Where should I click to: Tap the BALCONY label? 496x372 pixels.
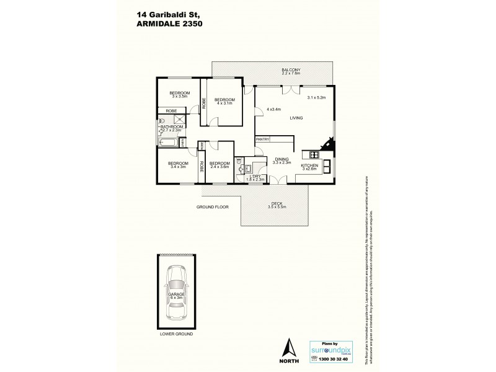click(x=291, y=70)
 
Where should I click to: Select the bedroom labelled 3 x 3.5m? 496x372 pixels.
click(x=180, y=94)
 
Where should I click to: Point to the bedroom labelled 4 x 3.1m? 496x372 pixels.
click(x=225, y=100)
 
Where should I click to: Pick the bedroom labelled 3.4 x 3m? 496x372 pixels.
click(x=177, y=164)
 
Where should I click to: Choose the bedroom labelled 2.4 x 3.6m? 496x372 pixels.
click(x=220, y=164)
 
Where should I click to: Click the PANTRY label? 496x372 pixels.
click(x=262, y=140)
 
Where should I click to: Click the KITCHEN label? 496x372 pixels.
click(x=310, y=166)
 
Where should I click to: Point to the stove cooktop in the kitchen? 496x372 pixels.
click(x=308, y=155)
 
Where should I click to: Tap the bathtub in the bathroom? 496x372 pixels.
click(x=167, y=143)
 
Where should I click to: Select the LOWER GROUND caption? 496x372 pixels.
click(x=177, y=334)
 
